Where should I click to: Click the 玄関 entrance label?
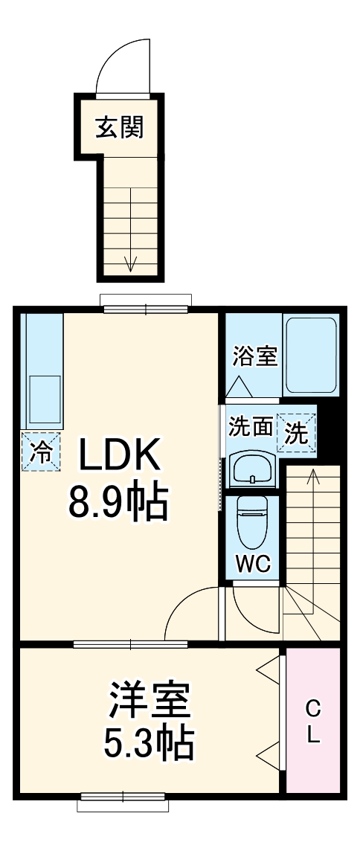[x=119, y=127]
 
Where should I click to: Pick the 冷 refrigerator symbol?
[x=42, y=452]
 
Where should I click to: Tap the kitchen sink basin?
[x=45, y=398]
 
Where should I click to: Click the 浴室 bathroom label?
[x=254, y=356]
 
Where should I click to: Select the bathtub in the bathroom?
[x=311, y=356]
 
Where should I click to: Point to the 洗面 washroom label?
[x=250, y=428]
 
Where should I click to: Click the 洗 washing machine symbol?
[x=296, y=434]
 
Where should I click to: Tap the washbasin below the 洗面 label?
[x=253, y=469]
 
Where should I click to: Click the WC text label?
[x=253, y=565]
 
